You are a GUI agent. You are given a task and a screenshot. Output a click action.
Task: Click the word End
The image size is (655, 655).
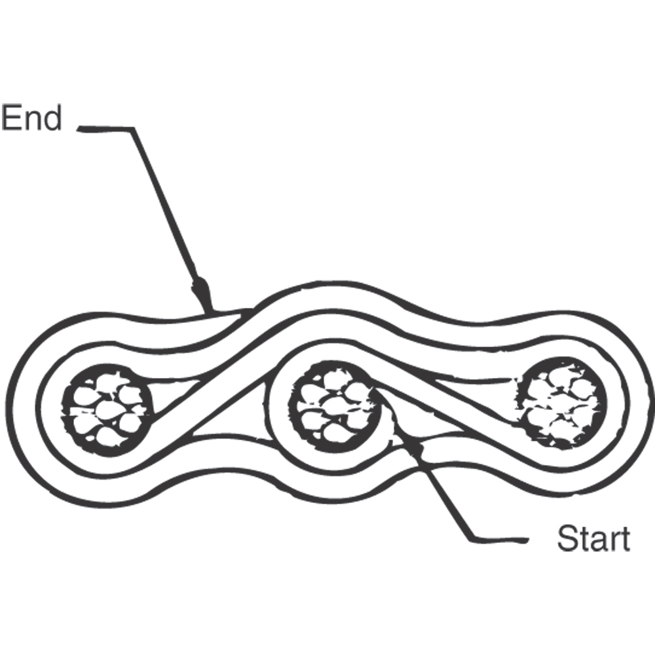point(31,119)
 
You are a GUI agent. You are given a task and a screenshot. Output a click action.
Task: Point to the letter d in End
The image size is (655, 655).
point(52,119)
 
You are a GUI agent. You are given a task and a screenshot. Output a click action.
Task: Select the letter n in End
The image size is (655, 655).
point(32,122)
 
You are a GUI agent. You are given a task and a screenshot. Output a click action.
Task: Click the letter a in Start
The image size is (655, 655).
point(596,542)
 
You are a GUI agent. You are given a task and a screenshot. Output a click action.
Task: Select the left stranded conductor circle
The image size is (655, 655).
point(107,409)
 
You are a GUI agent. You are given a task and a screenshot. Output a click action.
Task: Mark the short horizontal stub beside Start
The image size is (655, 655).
point(501,540)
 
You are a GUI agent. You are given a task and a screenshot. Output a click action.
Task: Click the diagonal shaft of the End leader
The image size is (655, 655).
point(164,203)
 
